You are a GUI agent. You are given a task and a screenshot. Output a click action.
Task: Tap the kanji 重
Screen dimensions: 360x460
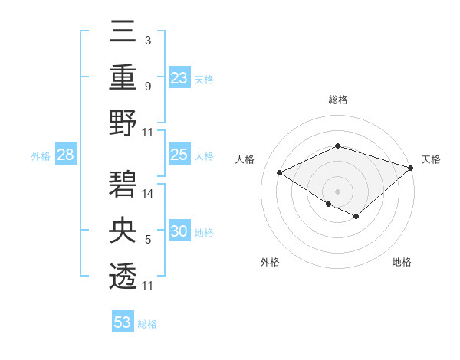click(123, 77)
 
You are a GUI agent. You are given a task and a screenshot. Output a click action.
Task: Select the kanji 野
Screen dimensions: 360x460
click(123, 124)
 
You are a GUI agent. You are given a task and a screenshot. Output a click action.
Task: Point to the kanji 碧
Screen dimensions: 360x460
click(123, 185)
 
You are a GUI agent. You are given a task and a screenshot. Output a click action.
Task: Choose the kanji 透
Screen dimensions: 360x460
click(123, 277)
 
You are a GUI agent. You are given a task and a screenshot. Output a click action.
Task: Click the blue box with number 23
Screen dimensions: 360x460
click(179, 77)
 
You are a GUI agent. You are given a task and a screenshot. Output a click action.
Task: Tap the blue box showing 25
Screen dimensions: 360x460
click(179, 155)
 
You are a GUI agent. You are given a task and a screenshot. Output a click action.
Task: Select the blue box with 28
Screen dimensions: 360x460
click(66, 155)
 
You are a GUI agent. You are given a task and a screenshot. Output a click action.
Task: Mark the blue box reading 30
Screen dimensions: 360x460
click(179, 232)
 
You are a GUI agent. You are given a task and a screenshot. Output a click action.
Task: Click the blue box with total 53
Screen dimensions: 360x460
click(123, 322)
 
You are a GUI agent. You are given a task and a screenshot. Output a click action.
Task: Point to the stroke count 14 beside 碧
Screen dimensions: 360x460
click(149, 195)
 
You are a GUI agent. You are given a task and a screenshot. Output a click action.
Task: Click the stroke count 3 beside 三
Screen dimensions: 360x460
click(148, 40)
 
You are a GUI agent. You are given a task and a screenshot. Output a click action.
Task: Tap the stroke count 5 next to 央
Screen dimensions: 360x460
click(148, 241)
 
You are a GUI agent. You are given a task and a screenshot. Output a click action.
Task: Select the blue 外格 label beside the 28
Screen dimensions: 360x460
click(41, 156)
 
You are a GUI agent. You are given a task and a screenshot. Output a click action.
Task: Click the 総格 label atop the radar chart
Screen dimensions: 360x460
click(338, 100)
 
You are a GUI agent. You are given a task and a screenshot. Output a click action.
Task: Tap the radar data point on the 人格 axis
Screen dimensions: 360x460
click(280, 173)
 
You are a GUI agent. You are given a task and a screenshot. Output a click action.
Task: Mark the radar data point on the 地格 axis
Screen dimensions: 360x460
click(356, 217)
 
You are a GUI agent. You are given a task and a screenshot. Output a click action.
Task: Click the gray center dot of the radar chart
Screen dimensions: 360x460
click(337, 190)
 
